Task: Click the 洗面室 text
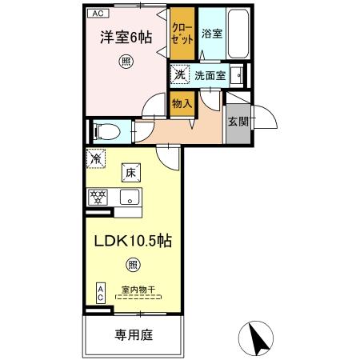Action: click(x=210, y=77)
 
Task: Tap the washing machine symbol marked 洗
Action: click(x=179, y=76)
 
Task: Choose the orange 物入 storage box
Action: click(x=181, y=102)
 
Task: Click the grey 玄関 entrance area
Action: click(x=238, y=122)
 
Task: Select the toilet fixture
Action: click(x=106, y=130)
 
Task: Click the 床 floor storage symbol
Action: click(x=129, y=170)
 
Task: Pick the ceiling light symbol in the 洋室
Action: click(x=126, y=61)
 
